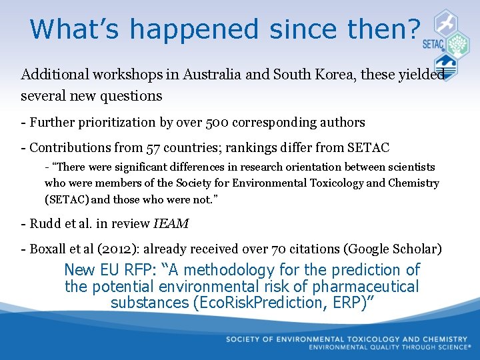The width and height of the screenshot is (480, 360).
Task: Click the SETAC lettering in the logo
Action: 434,45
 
